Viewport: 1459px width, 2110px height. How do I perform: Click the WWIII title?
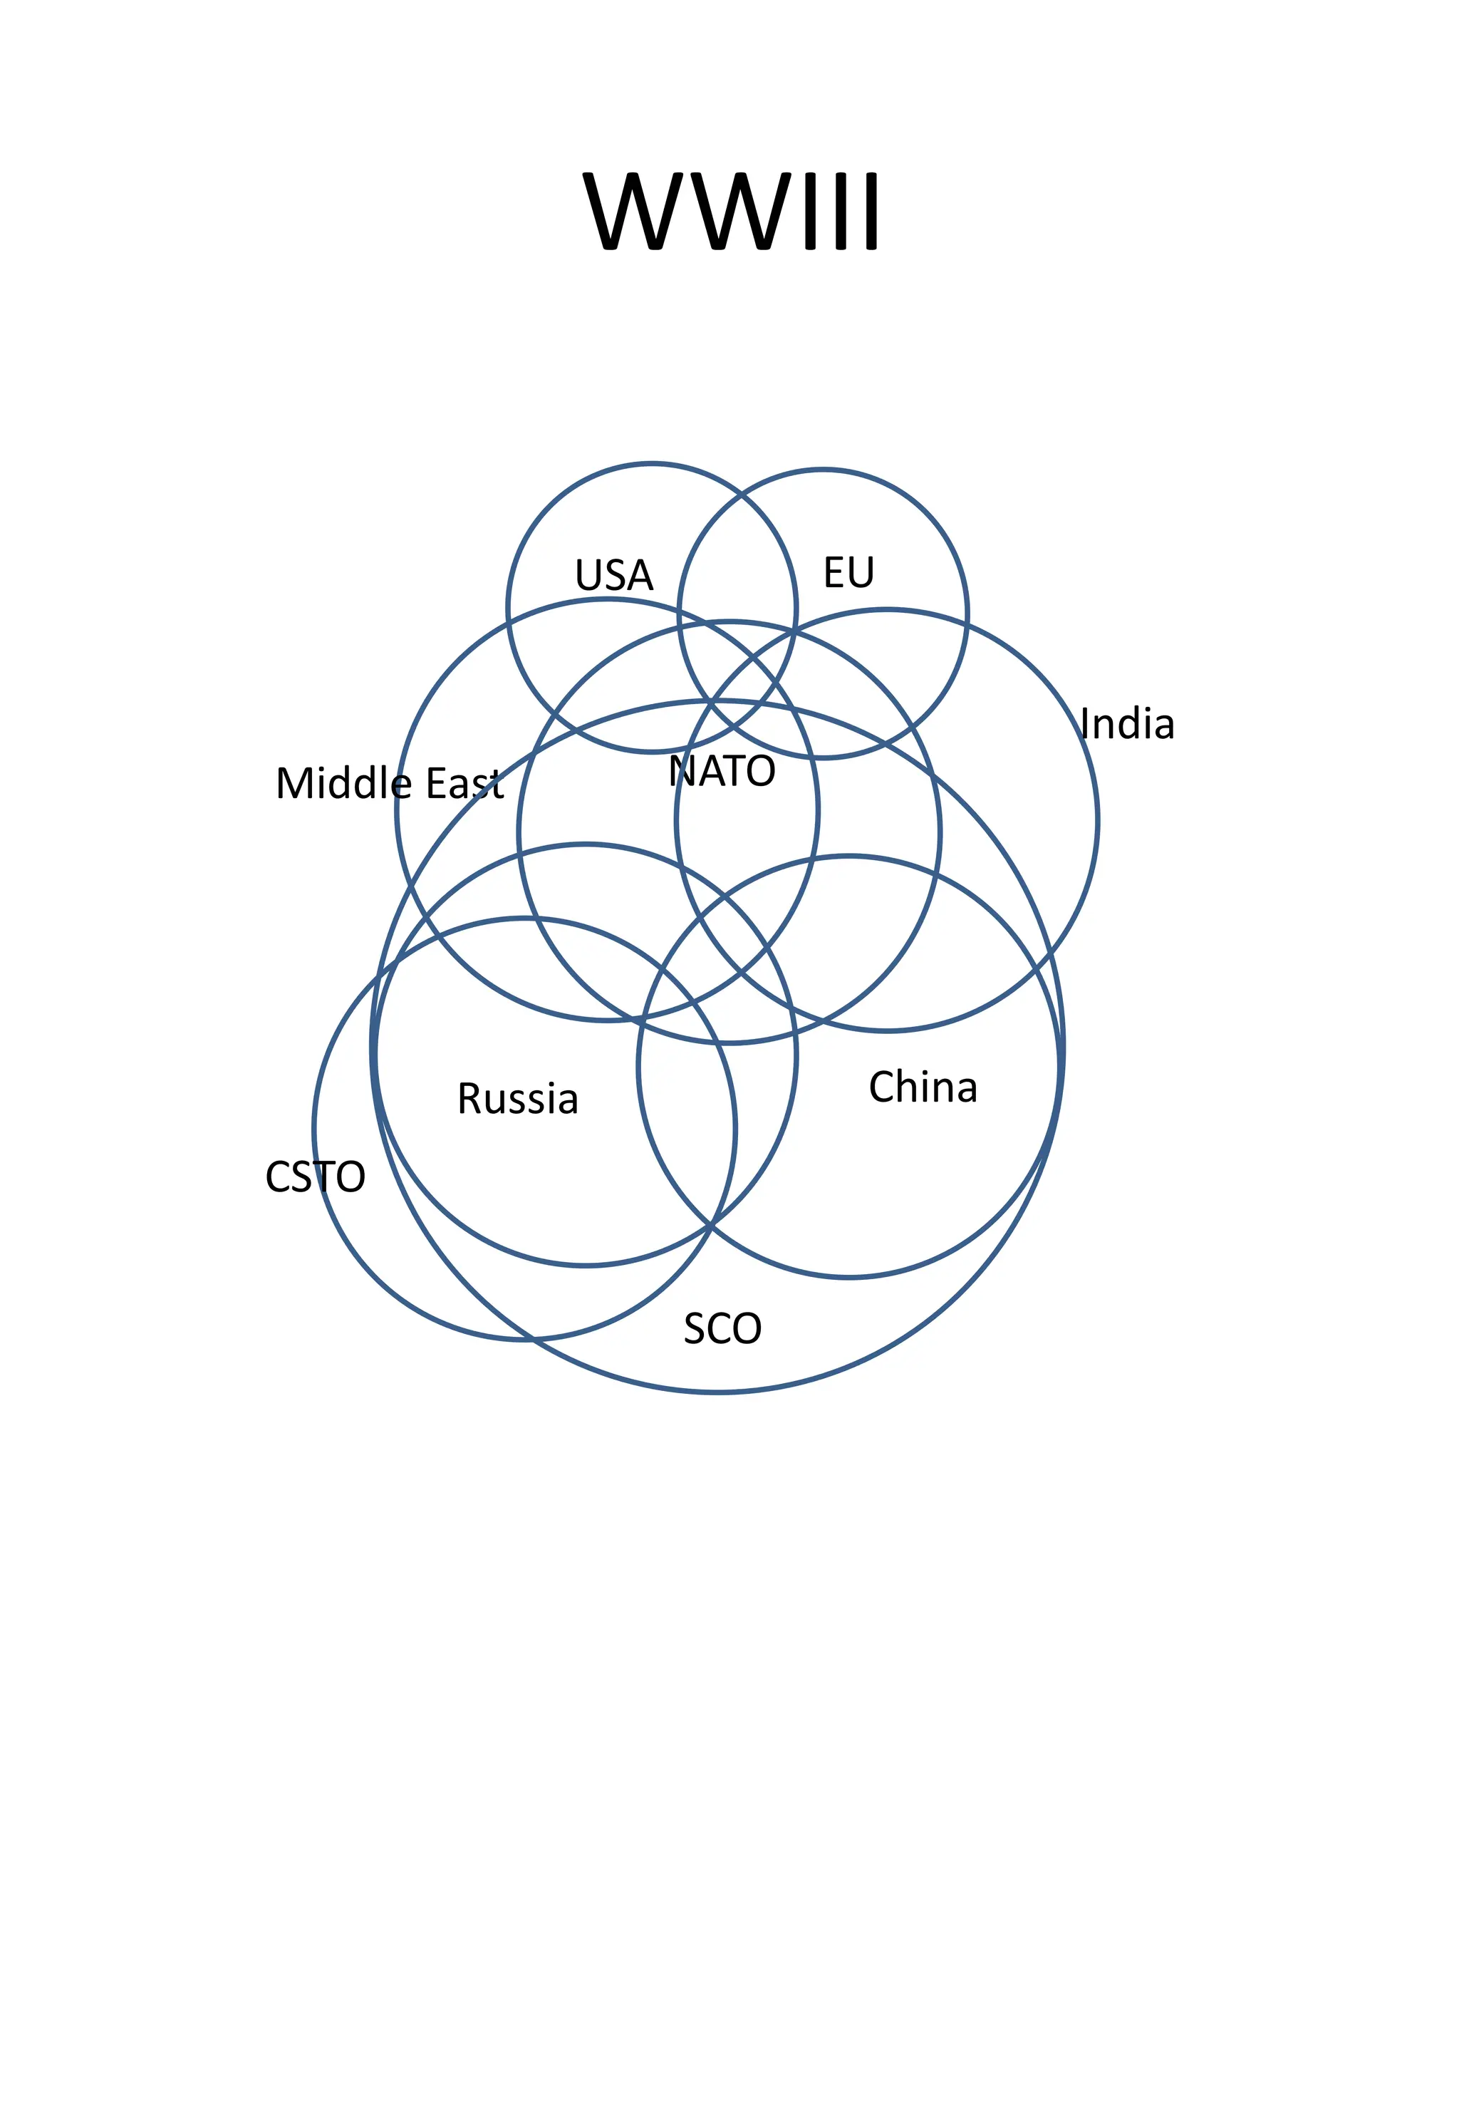pos(732,210)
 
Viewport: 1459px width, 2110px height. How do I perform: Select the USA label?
pos(614,575)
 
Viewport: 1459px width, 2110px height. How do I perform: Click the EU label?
pos(849,572)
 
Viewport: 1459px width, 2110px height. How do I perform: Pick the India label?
pos(1127,723)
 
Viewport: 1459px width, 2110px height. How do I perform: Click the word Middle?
pos(343,782)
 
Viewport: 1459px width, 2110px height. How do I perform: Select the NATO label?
pos(722,771)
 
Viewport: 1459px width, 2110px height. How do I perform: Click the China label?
pos(923,1086)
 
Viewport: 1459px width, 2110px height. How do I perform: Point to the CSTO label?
pos(316,1176)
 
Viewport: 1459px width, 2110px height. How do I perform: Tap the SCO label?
pos(722,1328)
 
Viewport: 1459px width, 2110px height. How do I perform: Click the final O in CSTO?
pos(349,1176)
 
